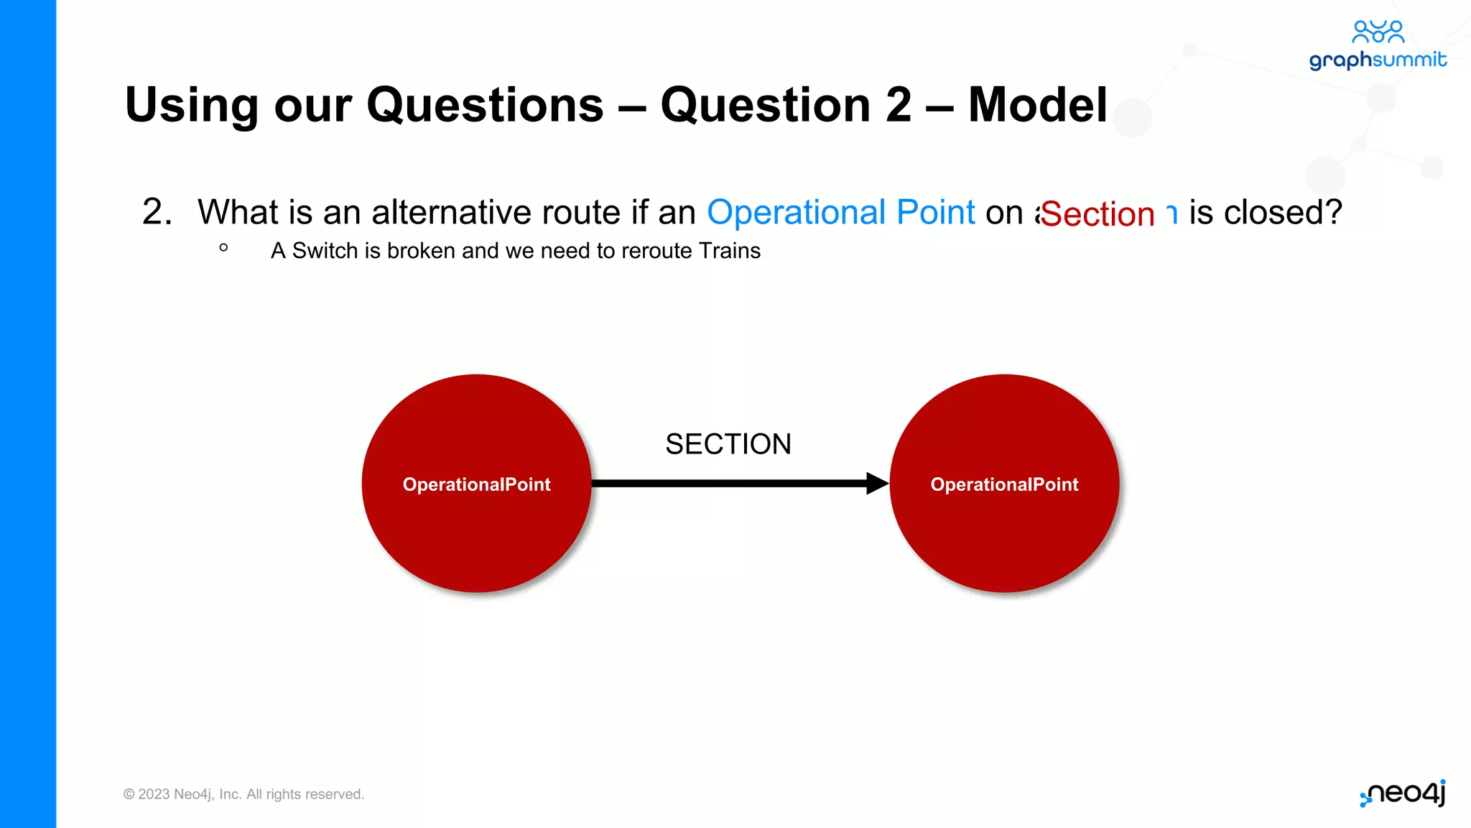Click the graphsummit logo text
pyautogui.click(x=1377, y=60)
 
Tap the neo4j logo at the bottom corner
pyautogui.click(x=1403, y=793)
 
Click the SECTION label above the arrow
pyautogui.click(x=728, y=444)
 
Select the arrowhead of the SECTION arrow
pyautogui.click(x=877, y=483)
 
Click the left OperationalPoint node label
pyautogui.click(x=476, y=484)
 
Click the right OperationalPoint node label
pyautogui.click(x=1004, y=484)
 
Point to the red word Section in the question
pyautogui.click(x=1097, y=214)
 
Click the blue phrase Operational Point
pyautogui.click(x=840, y=213)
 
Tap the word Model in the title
pyautogui.click(x=1037, y=106)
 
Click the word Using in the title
pyautogui.click(x=191, y=106)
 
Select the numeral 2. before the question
pyautogui.click(x=157, y=213)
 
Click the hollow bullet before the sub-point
pyautogui.click(x=223, y=248)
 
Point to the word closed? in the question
pyautogui.click(x=1282, y=213)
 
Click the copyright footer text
pyautogui.click(x=243, y=794)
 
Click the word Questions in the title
pyautogui.click(x=485, y=106)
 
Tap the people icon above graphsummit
pyautogui.click(x=1377, y=32)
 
